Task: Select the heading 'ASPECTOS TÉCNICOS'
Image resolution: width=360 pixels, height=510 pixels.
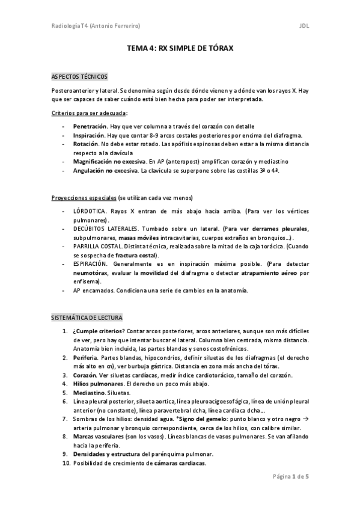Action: point(79,77)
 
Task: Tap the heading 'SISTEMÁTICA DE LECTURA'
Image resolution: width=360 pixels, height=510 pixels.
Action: point(87,316)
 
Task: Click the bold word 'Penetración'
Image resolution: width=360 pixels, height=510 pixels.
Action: point(90,127)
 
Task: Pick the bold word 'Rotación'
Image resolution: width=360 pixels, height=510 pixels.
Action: point(85,145)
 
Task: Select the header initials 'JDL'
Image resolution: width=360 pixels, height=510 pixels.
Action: point(304,26)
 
